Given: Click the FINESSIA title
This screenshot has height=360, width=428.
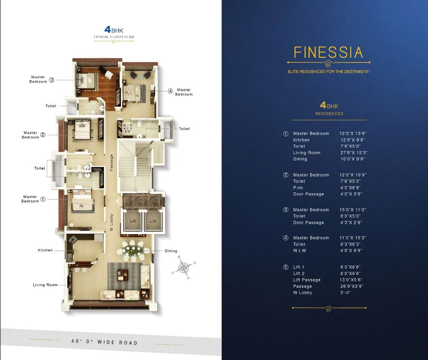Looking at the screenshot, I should tap(328, 53).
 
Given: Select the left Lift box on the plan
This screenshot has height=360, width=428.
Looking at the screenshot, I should tap(133, 221).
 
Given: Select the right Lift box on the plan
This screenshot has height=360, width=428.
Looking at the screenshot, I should tap(153, 221).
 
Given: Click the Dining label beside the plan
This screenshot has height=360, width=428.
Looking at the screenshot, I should tap(171, 251).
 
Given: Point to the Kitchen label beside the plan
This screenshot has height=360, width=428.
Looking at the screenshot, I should tap(45, 250).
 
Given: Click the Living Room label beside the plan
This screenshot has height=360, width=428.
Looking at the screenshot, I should tap(45, 285).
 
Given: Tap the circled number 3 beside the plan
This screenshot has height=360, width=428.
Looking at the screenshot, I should tap(52, 80).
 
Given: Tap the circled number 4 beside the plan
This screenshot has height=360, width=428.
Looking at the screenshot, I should tap(170, 91).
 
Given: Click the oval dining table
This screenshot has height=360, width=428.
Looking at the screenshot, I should tap(132, 251).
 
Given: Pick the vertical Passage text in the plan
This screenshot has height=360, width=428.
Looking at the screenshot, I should tap(112, 163).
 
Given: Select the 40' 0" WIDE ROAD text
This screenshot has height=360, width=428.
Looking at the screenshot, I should tap(104, 342).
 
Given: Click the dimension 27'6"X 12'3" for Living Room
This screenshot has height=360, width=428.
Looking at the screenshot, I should tap(353, 153).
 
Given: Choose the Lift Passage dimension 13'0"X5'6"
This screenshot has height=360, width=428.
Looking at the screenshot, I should tap(352, 280).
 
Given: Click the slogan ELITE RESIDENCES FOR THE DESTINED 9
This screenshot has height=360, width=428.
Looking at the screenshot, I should tap(329, 71).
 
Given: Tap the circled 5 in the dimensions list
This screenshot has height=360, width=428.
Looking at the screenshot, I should tap(286, 267).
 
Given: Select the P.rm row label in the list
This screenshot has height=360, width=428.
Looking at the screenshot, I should tap(298, 188).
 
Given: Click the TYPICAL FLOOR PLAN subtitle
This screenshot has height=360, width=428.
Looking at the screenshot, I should tap(114, 37).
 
